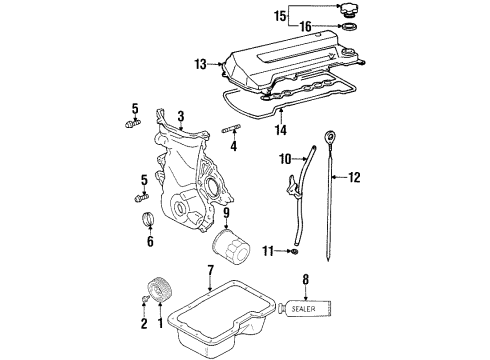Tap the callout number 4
click(x=232, y=146)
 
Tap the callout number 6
click(x=151, y=241)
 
